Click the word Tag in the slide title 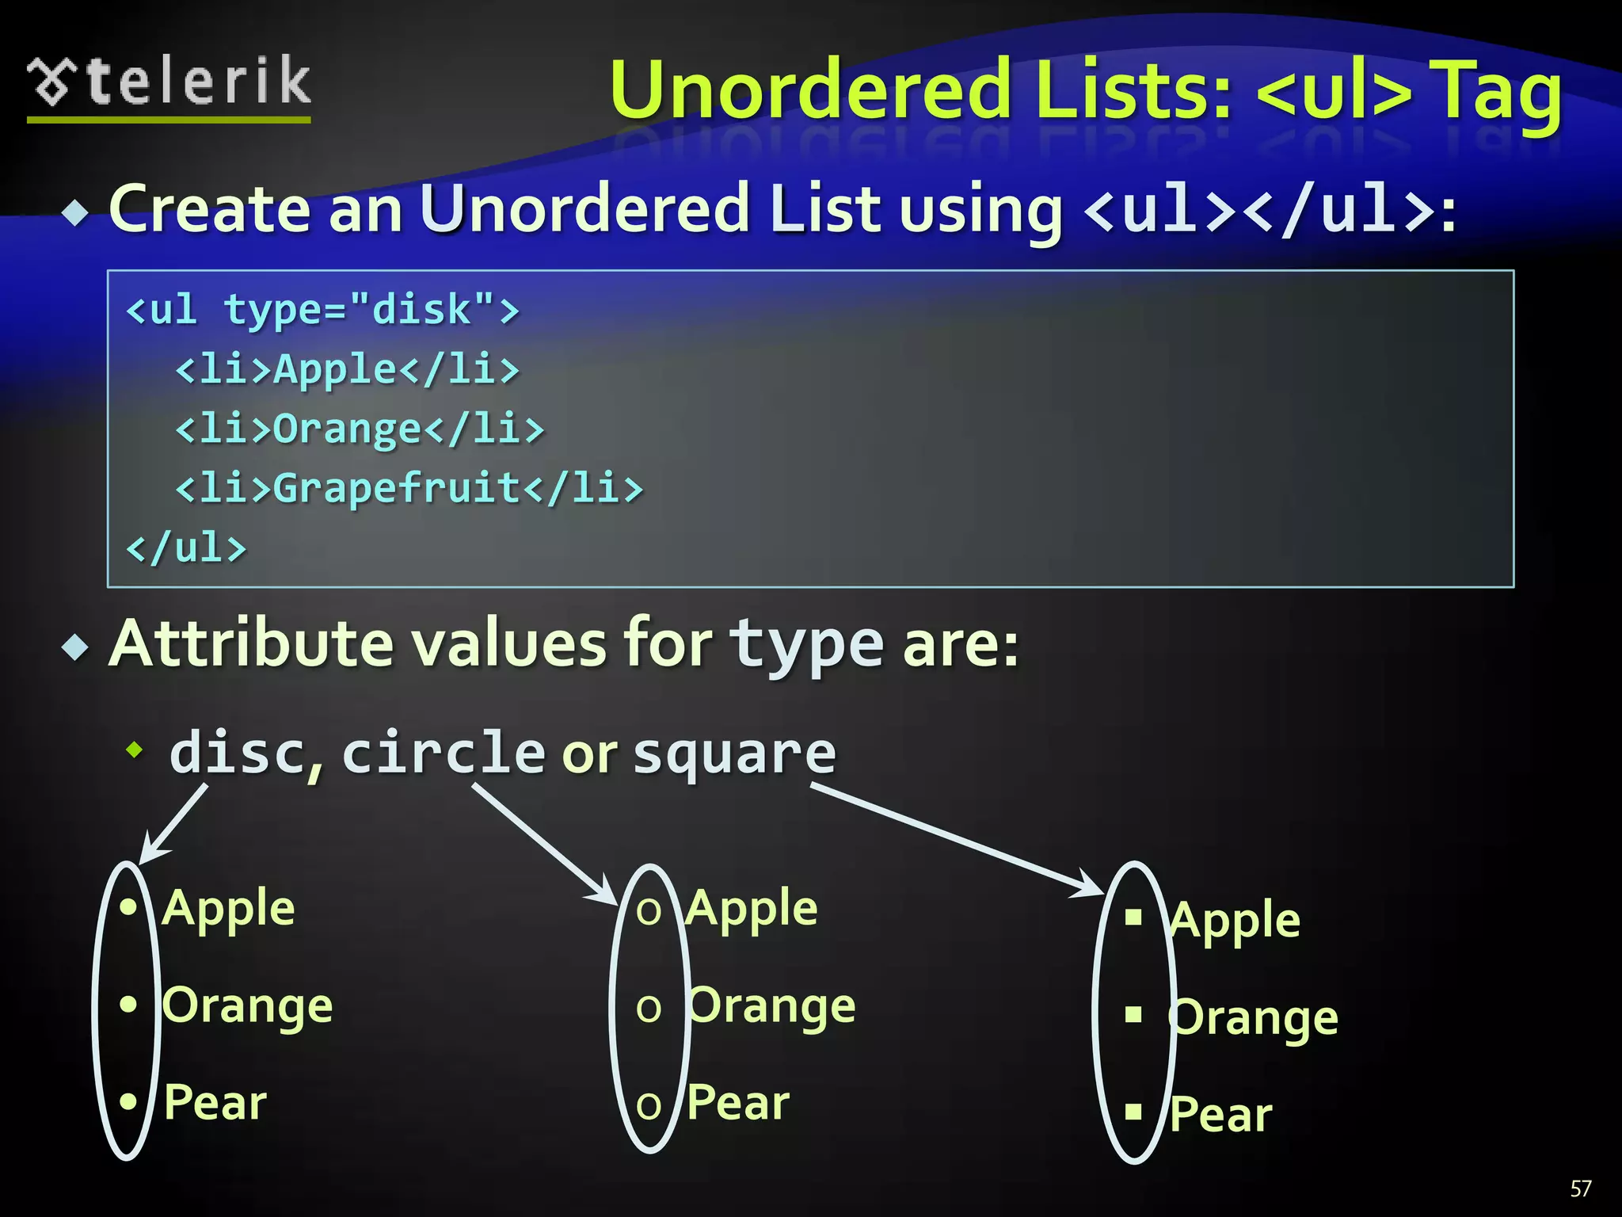click(1498, 93)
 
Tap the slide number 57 click(1580, 1188)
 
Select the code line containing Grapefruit click(409, 487)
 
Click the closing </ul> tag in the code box click(187, 547)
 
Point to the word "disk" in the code click(422, 309)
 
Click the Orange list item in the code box click(360, 429)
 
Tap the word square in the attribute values click(734, 753)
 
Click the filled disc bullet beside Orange click(128, 1005)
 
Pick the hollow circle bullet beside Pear click(649, 1106)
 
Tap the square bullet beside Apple click(1133, 918)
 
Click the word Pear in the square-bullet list click(1220, 1114)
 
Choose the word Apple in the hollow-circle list click(752, 908)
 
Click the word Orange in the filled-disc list click(248, 1006)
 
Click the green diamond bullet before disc click(135, 749)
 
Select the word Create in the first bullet click(209, 209)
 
